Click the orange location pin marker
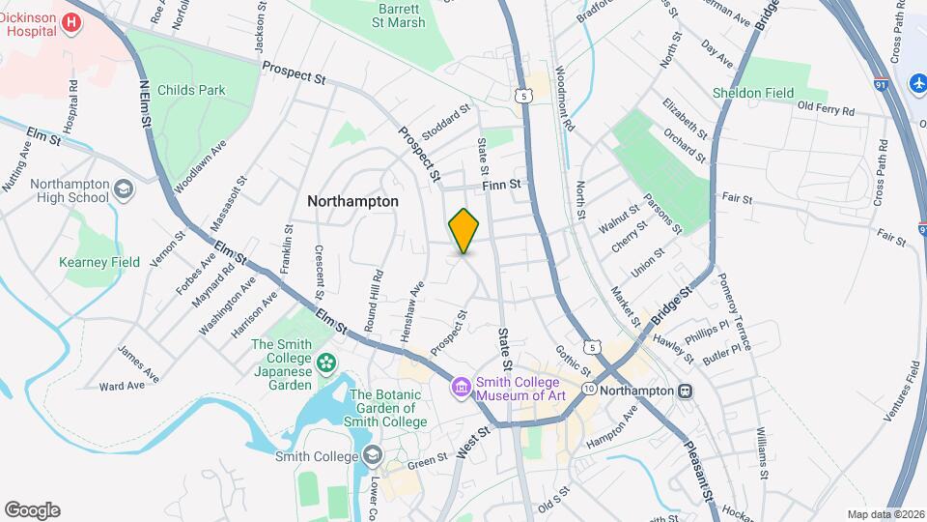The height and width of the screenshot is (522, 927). (x=464, y=230)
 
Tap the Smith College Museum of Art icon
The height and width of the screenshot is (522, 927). (x=462, y=388)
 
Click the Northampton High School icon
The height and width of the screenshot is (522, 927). (x=124, y=189)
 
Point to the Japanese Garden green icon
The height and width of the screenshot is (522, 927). (x=327, y=362)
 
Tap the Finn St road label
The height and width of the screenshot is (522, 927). (x=502, y=184)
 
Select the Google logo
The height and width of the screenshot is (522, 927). (x=32, y=509)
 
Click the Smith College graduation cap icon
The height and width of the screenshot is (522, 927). (x=370, y=456)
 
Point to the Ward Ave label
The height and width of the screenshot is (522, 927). (x=122, y=385)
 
